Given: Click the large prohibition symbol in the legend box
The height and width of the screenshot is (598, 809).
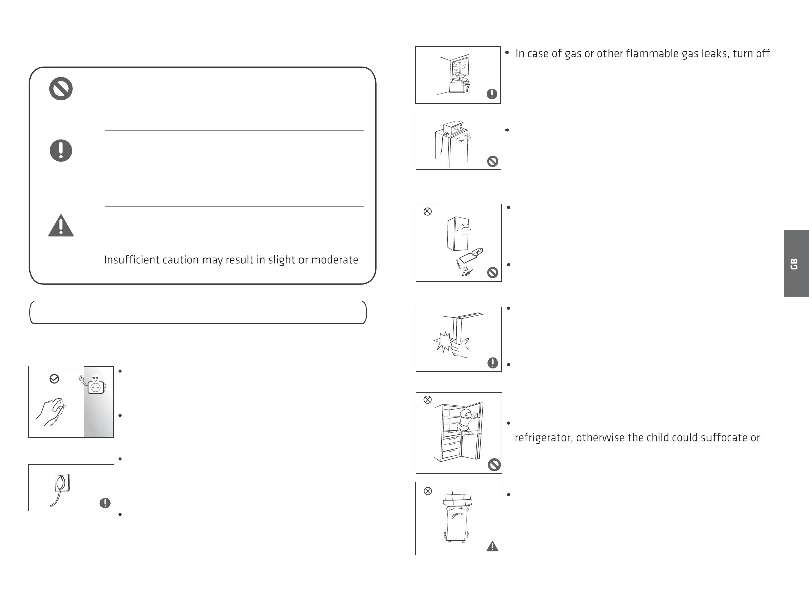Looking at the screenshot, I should (x=61, y=89).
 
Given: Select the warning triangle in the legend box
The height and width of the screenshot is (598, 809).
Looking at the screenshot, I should (x=61, y=226).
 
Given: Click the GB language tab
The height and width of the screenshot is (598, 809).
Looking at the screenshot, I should (x=795, y=264).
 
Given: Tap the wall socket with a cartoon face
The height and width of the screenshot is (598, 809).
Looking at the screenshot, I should (x=95, y=387).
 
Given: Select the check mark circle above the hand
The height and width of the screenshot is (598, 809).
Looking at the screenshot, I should (x=54, y=379).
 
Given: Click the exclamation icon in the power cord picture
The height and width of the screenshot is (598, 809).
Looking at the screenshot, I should (x=105, y=503).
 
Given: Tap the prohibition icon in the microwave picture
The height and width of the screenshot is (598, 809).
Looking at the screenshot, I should (x=493, y=161).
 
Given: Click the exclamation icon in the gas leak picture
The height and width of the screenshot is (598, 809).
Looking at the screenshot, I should (x=492, y=94).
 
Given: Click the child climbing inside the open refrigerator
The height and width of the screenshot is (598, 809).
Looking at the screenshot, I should (x=468, y=420).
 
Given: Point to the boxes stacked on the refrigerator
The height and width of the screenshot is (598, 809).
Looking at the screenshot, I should (x=458, y=498).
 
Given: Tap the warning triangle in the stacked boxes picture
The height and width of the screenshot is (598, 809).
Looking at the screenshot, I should (x=492, y=546).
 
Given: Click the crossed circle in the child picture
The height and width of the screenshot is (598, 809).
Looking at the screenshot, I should (x=427, y=400).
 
